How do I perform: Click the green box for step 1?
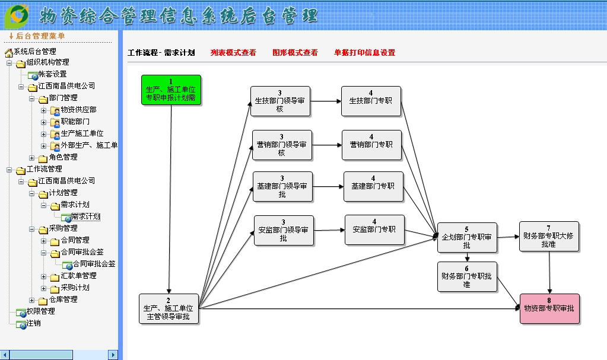171,90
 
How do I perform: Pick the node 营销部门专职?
371,145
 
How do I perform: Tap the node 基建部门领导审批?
282,186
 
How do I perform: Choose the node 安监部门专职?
374,230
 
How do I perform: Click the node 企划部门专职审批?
466,237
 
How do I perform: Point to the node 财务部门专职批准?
467,276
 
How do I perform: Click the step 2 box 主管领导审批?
169,308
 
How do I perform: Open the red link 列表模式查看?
233,53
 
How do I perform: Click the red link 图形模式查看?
295,53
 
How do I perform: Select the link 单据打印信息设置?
364,53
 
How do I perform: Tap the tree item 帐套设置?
52,74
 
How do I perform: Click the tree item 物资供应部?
78,110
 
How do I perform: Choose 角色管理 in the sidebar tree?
63,157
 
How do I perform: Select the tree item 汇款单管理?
78,276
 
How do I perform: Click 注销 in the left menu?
33,323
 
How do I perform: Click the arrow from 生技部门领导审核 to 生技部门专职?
325,101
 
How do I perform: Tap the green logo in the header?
18,15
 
